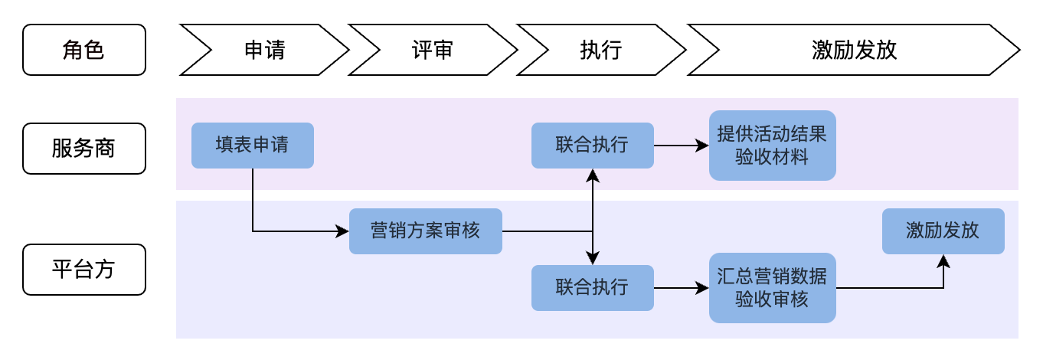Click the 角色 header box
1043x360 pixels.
pyautogui.click(x=83, y=50)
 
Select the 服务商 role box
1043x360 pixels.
pyautogui.click(x=83, y=148)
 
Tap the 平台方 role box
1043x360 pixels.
pyautogui.click(x=83, y=270)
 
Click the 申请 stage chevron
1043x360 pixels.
pyautogui.click(x=264, y=50)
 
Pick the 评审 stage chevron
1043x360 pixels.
pyautogui.click(x=433, y=50)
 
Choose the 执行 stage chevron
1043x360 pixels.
pyautogui.click(x=601, y=50)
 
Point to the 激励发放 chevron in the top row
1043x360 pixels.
pyautogui.click(x=853, y=50)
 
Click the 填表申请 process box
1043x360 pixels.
pyautogui.click(x=252, y=145)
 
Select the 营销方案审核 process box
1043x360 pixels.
pyautogui.click(x=425, y=231)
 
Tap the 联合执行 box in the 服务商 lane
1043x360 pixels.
pyautogui.click(x=592, y=145)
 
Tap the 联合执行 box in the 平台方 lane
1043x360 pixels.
pyautogui.click(x=592, y=287)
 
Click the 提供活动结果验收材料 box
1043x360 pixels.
pyautogui.click(x=772, y=146)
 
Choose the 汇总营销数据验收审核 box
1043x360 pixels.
pyautogui.click(x=772, y=288)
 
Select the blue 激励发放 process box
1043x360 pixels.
pyautogui.click(x=943, y=231)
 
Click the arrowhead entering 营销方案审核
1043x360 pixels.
pyautogui.click(x=343, y=231)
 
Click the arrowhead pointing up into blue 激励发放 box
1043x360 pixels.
pyautogui.click(x=943, y=260)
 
